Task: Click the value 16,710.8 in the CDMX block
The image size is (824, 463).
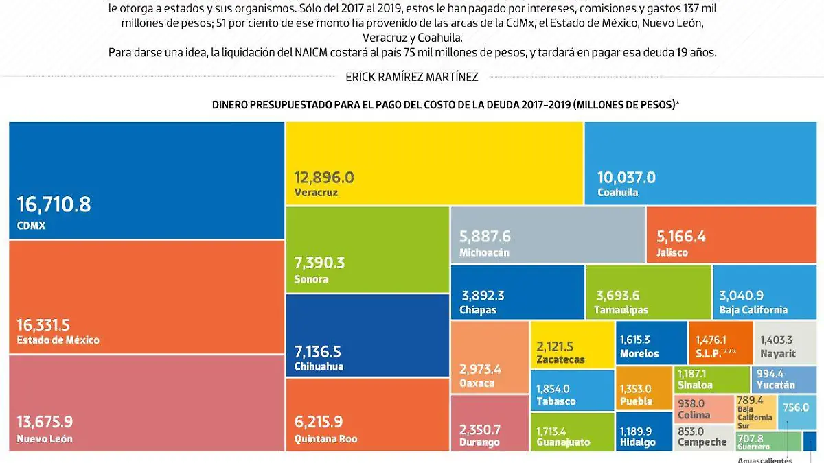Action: (54, 204)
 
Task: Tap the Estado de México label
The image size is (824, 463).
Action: (58, 340)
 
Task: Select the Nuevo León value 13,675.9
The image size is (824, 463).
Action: (45, 422)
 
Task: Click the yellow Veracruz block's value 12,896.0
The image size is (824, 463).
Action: (324, 178)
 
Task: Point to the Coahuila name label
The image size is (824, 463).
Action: (617, 193)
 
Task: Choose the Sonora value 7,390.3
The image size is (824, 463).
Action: (319, 263)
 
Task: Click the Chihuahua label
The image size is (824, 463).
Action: (319, 366)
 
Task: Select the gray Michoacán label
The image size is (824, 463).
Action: (484, 252)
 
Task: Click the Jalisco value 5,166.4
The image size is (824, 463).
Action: (681, 237)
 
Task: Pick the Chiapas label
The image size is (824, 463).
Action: (479, 310)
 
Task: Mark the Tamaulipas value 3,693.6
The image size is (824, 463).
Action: (617, 296)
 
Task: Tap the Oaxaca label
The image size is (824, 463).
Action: (477, 383)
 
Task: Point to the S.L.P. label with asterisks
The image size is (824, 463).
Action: (715, 354)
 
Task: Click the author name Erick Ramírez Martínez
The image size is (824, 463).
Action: (412, 77)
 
